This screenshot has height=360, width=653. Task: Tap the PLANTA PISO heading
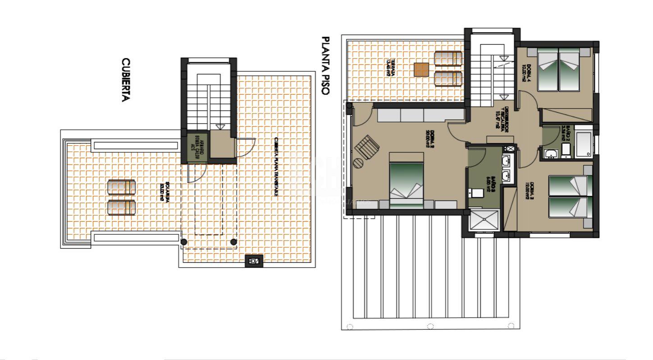(x=325, y=66)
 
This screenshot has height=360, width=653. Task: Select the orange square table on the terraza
(x=421, y=69)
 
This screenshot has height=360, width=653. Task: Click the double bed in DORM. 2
(x=407, y=180)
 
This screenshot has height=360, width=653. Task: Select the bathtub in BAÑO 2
(x=583, y=144)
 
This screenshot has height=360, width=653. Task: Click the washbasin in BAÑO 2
(x=551, y=154)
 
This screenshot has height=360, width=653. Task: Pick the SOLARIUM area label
(x=164, y=192)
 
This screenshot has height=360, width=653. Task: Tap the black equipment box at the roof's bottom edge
(x=254, y=260)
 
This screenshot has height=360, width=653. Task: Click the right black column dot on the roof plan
(x=233, y=242)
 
